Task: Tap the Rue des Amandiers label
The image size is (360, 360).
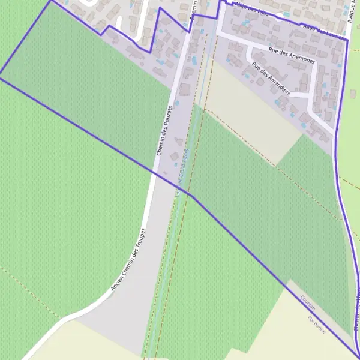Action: pos(271,79)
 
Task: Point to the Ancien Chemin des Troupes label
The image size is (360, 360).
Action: pos(128,260)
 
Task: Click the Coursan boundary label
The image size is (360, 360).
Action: pos(308,301)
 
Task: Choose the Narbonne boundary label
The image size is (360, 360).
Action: pos(316,325)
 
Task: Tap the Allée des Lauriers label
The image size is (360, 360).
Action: pos(325,32)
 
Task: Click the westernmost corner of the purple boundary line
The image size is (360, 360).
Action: pos(1,76)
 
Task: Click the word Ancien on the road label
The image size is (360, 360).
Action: pos(116,281)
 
